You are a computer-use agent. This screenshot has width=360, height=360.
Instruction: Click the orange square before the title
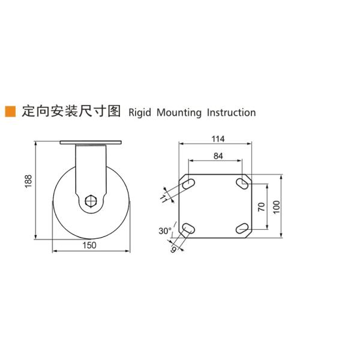click(10, 112)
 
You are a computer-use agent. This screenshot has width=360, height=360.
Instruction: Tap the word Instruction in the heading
click(231, 112)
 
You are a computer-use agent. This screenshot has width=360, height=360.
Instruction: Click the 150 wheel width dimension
click(89, 246)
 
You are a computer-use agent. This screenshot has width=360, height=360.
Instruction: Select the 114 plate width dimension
click(217, 139)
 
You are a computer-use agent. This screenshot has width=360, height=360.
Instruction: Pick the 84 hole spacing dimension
click(217, 156)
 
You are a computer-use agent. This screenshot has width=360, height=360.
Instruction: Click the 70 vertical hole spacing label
click(261, 207)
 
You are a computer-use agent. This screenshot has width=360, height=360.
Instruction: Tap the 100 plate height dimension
click(275, 207)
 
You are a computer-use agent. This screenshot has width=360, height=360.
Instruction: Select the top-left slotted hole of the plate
click(188, 183)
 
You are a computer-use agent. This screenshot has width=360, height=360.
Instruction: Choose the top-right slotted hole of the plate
click(242, 182)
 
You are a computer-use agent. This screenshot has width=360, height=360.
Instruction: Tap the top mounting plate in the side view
click(91, 144)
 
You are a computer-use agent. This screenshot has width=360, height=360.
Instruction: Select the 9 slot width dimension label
click(173, 247)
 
